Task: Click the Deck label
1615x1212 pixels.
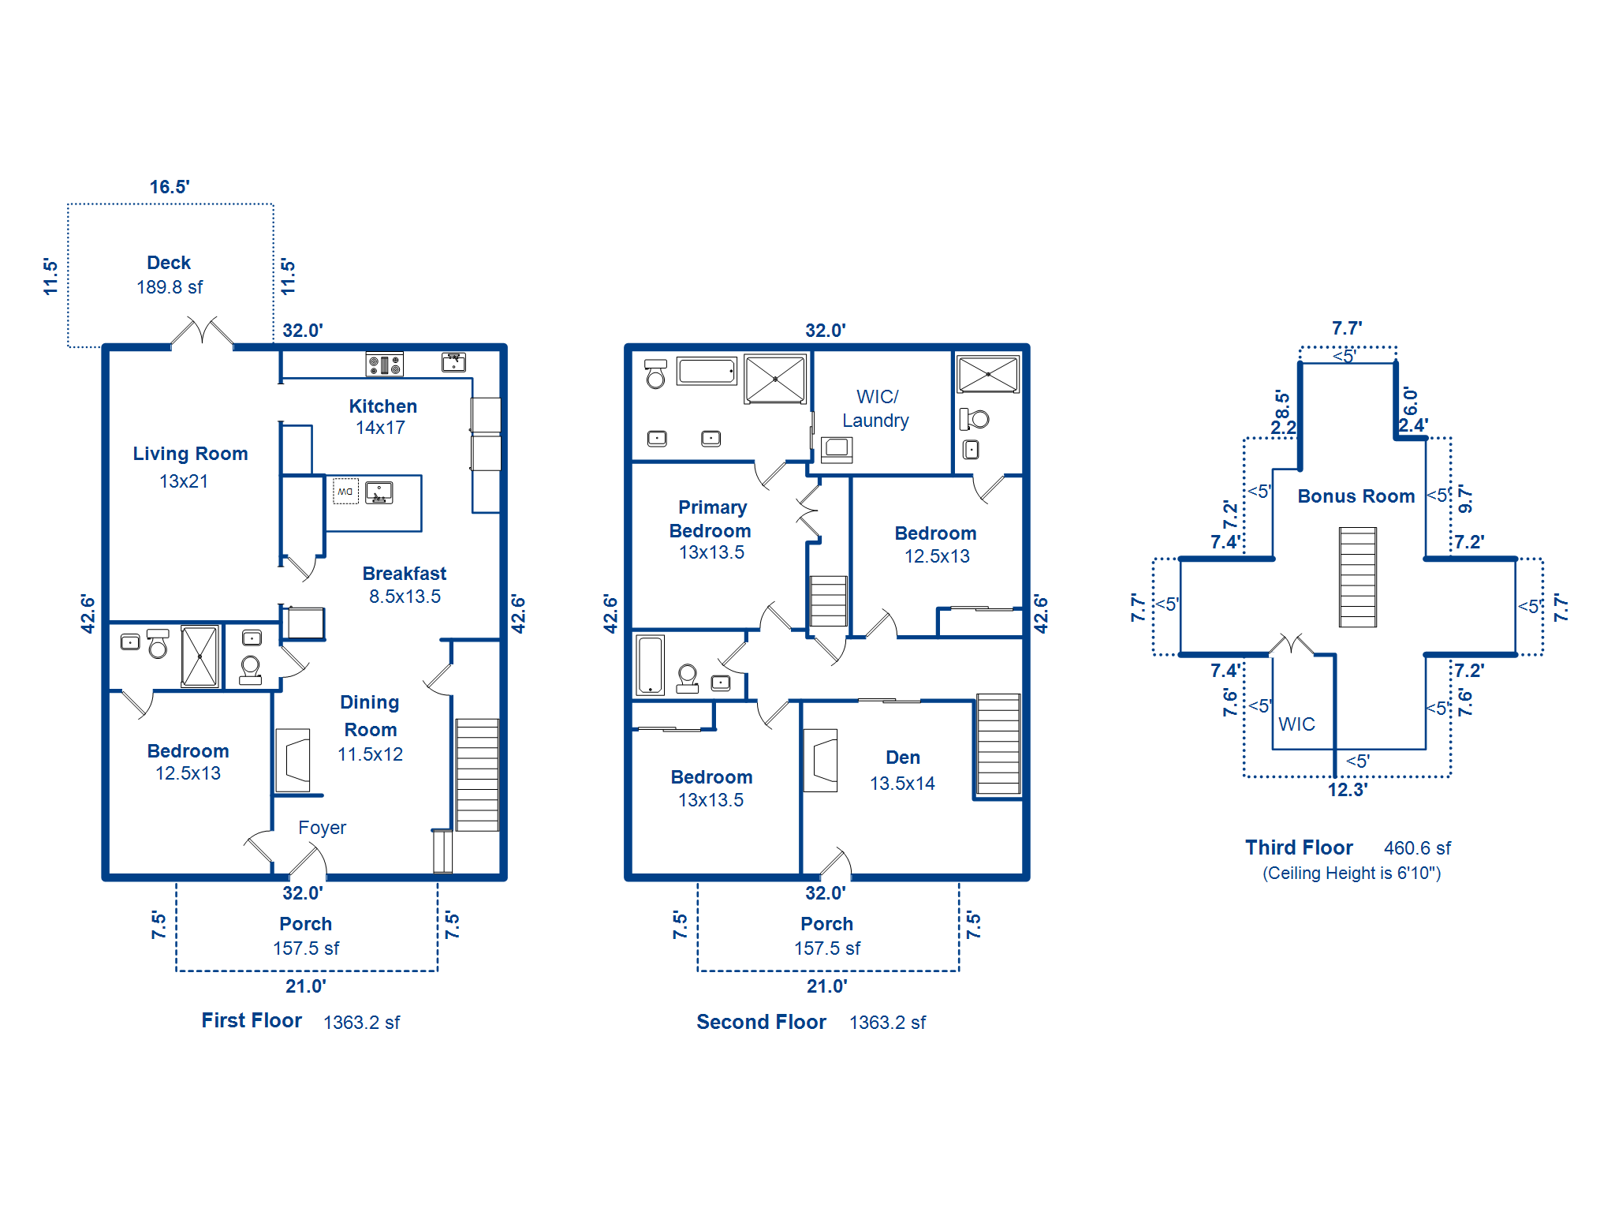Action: click(169, 263)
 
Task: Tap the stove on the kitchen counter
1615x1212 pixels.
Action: click(385, 365)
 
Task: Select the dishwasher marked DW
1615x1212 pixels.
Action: click(345, 491)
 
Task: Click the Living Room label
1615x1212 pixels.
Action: click(190, 454)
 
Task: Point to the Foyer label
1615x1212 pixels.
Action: click(322, 828)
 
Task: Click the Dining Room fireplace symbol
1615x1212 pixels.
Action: click(293, 761)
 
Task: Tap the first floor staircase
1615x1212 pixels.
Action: click(477, 775)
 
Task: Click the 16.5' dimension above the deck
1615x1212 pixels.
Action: click(170, 187)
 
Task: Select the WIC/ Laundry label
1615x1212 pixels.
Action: click(876, 409)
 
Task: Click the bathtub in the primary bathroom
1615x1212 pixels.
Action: click(707, 371)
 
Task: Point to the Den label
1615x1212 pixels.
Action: click(903, 757)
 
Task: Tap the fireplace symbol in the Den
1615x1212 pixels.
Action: click(820, 761)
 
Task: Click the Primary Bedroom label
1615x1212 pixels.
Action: click(711, 519)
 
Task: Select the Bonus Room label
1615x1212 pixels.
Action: click(1356, 496)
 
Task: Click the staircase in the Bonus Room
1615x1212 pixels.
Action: click(1358, 578)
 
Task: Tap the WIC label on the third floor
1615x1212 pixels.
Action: click(1296, 724)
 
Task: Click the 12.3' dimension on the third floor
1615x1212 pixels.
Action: click(1348, 790)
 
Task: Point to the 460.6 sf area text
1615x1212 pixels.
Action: click(1417, 848)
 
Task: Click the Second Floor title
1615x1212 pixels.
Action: click(761, 1022)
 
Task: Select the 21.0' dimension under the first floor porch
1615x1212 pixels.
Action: click(306, 986)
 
